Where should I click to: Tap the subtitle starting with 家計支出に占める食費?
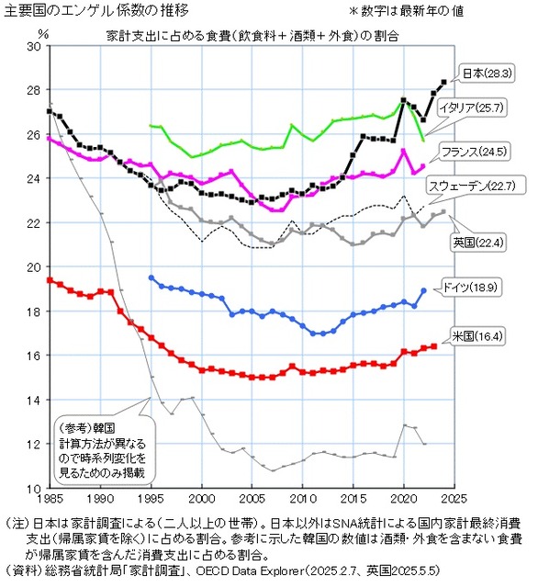pos(257,35)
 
